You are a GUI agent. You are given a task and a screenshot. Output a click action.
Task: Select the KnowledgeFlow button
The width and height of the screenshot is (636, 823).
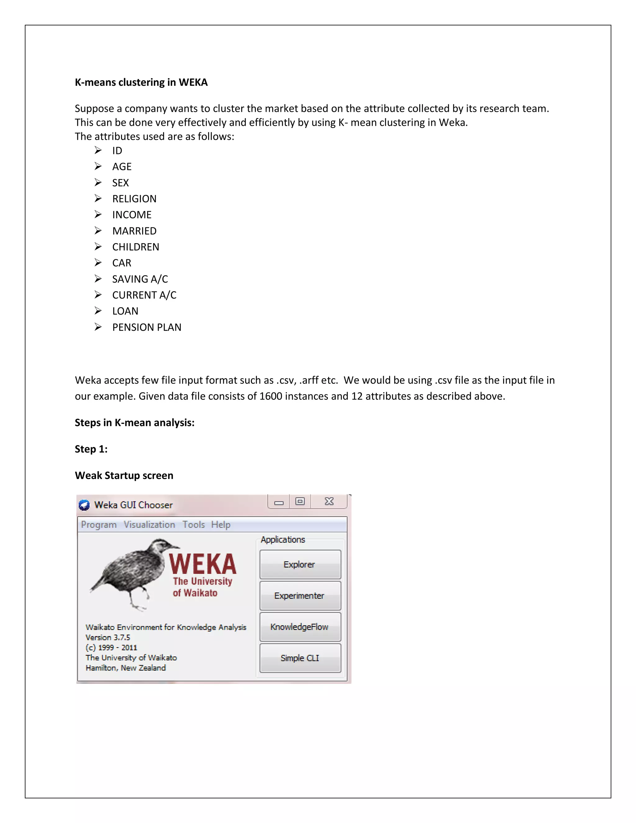pos(300,627)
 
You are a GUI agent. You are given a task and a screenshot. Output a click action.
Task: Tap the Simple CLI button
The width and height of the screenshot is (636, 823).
pos(300,658)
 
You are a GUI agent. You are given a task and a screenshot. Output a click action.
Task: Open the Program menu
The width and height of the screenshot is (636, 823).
pos(99,525)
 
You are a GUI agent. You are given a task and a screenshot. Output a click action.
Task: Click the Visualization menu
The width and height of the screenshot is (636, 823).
pos(149,525)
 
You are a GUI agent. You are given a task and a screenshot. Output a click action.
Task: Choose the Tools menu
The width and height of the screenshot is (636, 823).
pos(194,525)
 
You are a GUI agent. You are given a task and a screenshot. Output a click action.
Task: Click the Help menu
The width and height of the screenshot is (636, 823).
pos(220,525)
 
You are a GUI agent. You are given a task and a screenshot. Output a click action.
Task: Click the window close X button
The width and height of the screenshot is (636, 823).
pos(329,501)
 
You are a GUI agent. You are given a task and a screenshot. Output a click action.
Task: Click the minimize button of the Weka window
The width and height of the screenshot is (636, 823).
pos(279,502)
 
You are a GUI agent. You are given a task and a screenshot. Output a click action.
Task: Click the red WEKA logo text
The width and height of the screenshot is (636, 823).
pos(203,564)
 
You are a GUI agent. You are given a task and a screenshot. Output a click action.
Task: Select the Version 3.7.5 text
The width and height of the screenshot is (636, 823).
pos(108,637)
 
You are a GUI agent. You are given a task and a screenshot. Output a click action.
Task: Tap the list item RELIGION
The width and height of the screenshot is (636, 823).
pos(134,198)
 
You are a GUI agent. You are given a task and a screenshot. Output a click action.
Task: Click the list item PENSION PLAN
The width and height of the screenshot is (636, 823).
pos(147,327)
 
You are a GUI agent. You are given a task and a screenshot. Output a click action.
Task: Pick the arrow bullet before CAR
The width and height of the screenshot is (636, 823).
pos(98,262)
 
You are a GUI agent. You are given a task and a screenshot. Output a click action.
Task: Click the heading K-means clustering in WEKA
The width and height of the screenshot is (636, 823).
pos(141,82)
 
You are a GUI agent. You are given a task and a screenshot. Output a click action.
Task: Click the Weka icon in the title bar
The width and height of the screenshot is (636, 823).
pos(84,505)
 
